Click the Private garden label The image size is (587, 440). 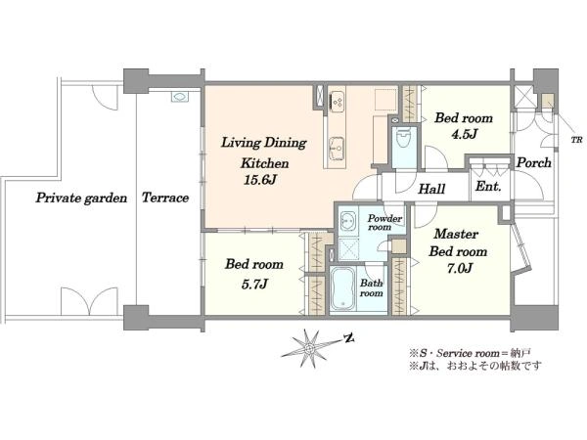tap(81, 198)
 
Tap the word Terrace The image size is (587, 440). tap(165, 198)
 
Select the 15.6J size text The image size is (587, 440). tap(260, 180)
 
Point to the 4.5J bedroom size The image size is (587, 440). tap(464, 134)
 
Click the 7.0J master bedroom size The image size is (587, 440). tap(460, 268)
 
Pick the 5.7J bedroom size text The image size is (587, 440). tap(254, 285)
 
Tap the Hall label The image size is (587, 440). tap(431, 189)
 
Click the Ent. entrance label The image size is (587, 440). tap(488, 187)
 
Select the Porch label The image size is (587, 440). tap(534, 162)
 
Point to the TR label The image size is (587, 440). tap(576, 140)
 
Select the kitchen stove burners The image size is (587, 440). tap(337, 101)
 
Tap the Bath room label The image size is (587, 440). tap(372, 288)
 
